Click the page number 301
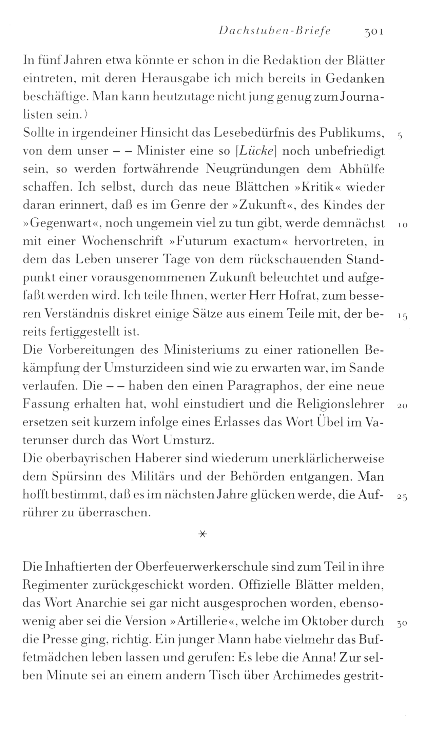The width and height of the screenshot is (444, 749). (x=373, y=32)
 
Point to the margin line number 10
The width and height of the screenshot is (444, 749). (x=402, y=225)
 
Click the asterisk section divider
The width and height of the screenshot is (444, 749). (x=202, y=534)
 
